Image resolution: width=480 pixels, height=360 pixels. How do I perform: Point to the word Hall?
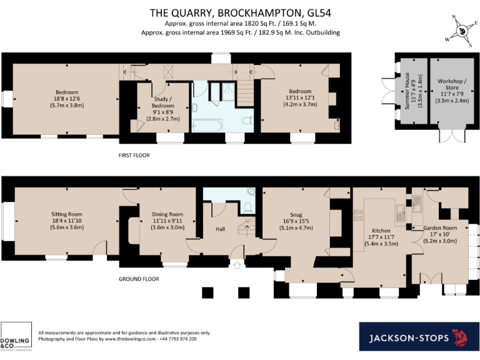click(x=220, y=229)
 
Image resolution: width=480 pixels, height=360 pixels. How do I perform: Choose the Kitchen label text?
click(x=381, y=230)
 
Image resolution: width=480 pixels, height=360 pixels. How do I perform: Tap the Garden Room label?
click(x=440, y=228)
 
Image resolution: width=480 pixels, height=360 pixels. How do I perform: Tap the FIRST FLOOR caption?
click(x=135, y=154)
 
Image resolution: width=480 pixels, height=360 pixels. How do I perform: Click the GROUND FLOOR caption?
click(x=139, y=279)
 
